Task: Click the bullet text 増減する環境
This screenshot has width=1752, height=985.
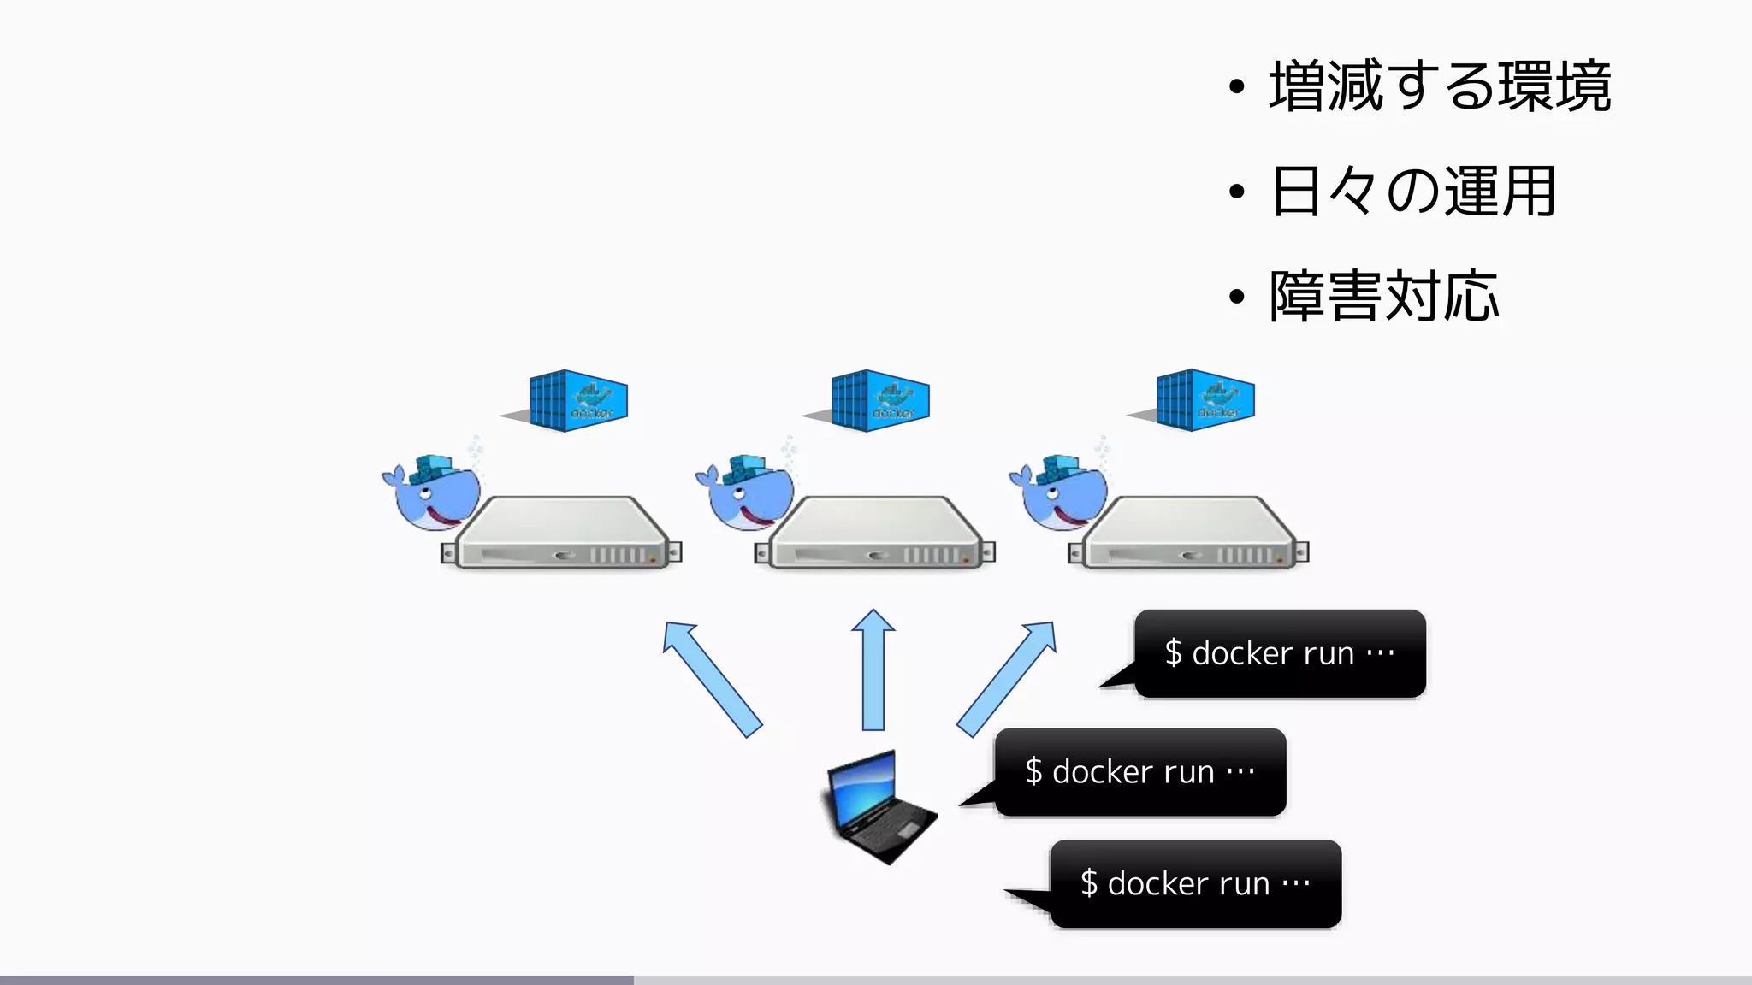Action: click(x=1440, y=86)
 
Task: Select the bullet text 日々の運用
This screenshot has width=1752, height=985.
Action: click(x=1413, y=192)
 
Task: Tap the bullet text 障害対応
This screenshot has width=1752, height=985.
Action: click(x=1384, y=297)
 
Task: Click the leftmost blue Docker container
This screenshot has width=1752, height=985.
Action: click(x=577, y=400)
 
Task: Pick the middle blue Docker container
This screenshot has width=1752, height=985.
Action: click(x=879, y=400)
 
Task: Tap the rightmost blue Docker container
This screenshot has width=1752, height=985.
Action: click(x=1204, y=400)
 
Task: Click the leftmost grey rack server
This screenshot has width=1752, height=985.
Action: click(x=561, y=535)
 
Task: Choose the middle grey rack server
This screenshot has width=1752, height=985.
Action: click(x=875, y=535)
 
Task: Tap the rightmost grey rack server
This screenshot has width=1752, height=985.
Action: click(x=1189, y=535)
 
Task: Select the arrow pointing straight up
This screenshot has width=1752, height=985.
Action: click(x=873, y=671)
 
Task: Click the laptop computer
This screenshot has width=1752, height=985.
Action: click(x=877, y=807)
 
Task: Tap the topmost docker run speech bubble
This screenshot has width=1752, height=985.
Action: click(x=1280, y=653)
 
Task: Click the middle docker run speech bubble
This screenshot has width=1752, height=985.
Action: click(x=1139, y=772)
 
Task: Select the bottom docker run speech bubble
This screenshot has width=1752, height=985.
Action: click(x=1195, y=883)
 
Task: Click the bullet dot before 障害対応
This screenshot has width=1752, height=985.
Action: click(x=1236, y=298)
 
